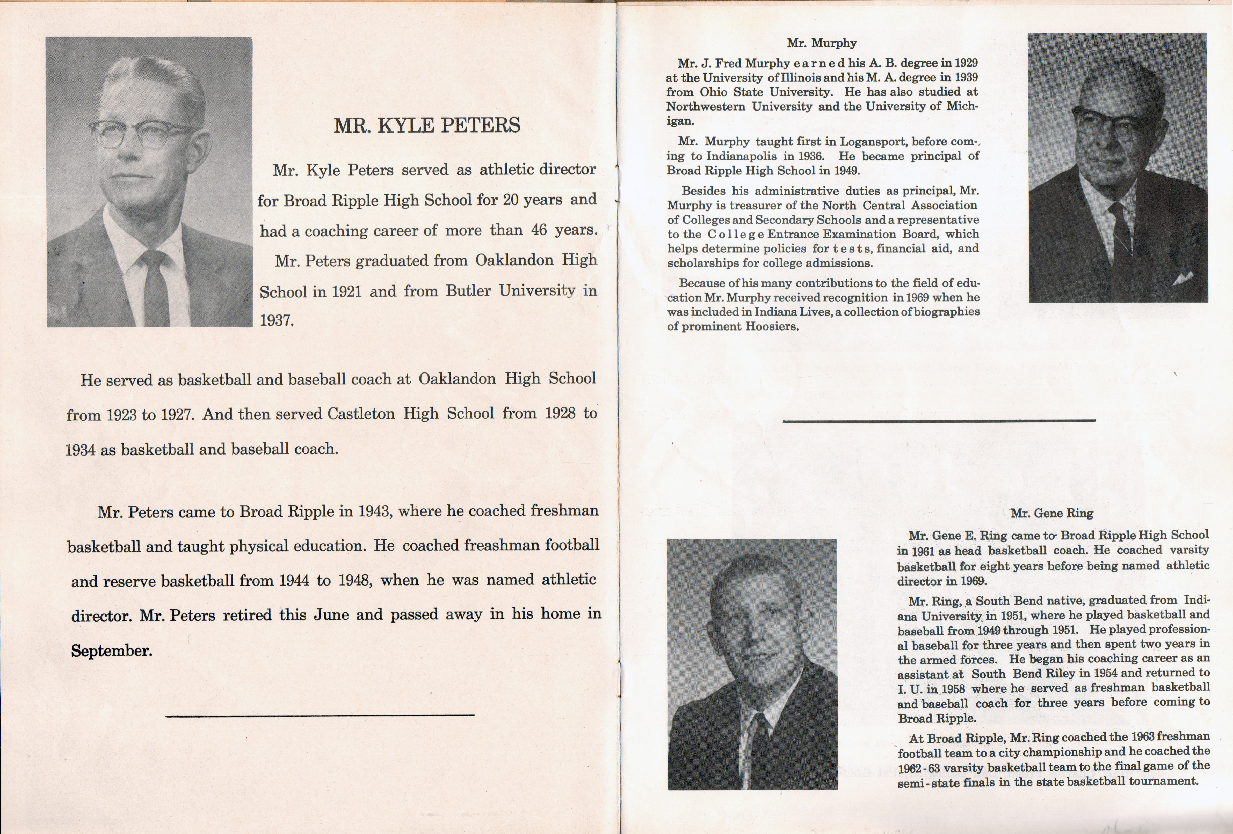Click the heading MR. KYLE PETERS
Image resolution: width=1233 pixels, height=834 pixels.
(x=427, y=126)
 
